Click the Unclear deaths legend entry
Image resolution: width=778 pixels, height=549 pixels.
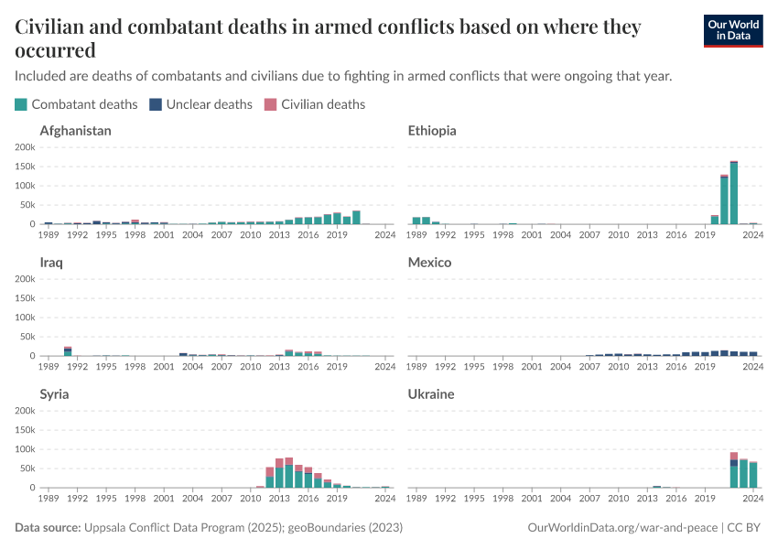[x=200, y=104]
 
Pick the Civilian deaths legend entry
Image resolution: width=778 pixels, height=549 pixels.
[x=315, y=104]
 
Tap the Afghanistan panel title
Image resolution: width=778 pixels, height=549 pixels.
[x=75, y=131]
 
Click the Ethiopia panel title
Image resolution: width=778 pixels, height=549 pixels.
[x=432, y=131]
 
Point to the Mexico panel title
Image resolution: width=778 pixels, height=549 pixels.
[x=429, y=263]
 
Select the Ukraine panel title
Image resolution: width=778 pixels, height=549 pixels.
[x=431, y=394]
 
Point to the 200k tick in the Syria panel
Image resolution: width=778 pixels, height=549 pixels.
[x=25, y=411]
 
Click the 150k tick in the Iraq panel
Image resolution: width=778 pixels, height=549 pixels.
[x=25, y=298]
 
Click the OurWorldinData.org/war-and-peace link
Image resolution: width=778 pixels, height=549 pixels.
[x=623, y=528]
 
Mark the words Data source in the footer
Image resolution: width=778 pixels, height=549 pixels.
[x=48, y=528]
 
